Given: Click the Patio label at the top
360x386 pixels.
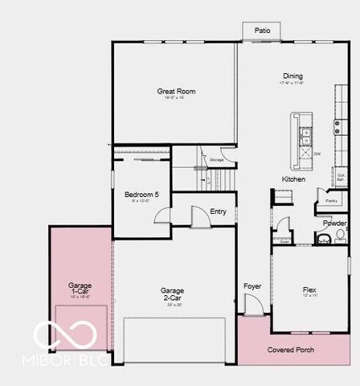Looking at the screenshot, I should (263, 31).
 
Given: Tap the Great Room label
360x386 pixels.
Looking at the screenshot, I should (176, 92).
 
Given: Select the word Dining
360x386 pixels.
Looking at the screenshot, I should (292, 76).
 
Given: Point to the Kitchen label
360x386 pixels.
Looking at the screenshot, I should (293, 179).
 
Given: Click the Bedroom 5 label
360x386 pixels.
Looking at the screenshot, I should (141, 195).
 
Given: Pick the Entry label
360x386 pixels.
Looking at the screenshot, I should (218, 212).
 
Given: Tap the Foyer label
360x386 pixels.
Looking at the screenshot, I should (252, 286).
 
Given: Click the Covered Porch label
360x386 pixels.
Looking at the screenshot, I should (291, 350).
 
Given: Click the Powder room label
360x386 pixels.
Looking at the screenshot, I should (335, 224).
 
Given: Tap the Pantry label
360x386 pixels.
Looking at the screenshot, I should (331, 201).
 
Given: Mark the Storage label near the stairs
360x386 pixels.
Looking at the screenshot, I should (216, 160).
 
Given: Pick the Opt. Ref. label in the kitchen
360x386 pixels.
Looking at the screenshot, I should (342, 177).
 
